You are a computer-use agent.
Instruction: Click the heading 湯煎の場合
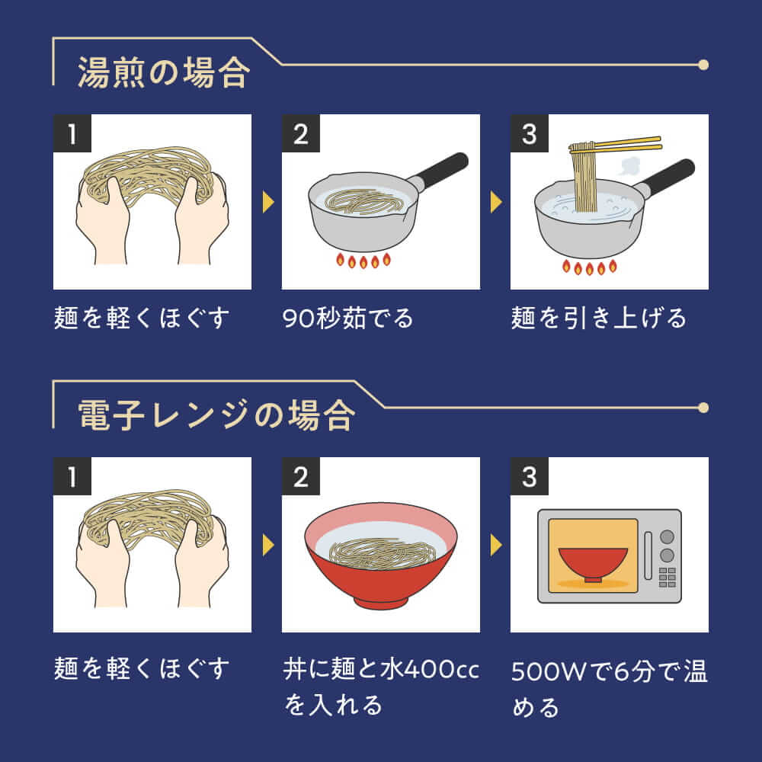pyautogui.click(x=164, y=73)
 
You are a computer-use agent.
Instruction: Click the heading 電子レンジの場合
pyautogui.click(x=216, y=415)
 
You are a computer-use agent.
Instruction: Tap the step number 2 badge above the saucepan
pyautogui.click(x=301, y=133)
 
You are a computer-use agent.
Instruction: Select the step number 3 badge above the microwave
pyautogui.click(x=530, y=476)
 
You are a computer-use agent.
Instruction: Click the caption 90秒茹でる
pyautogui.click(x=348, y=318)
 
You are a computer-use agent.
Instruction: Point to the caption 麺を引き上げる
pyautogui.click(x=598, y=318)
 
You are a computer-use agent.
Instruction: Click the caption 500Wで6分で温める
pyautogui.click(x=610, y=689)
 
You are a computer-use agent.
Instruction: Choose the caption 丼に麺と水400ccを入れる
pyautogui.click(x=381, y=687)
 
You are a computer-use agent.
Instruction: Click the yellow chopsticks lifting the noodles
pyautogui.click(x=615, y=144)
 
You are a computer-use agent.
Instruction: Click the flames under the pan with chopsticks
pyautogui.click(x=590, y=267)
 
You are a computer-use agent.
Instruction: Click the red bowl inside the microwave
pyautogui.click(x=592, y=565)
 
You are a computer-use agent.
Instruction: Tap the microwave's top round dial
pyautogui.click(x=668, y=536)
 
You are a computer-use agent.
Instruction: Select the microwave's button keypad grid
pyautogui.click(x=668, y=578)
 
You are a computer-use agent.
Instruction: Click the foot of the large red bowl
pyautogui.click(x=381, y=603)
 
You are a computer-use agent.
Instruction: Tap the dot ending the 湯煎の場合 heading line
pyautogui.click(x=703, y=65)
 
